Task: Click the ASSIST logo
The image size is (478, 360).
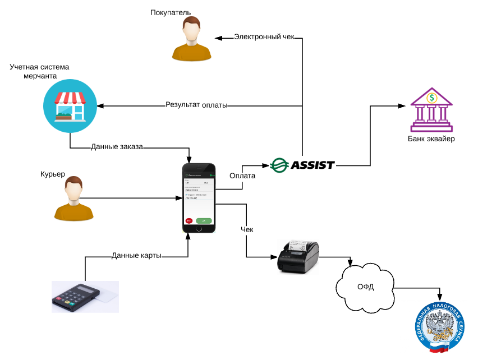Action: [x=302, y=165]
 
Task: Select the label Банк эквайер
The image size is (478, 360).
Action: [x=431, y=139]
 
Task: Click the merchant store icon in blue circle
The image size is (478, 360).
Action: [x=70, y=104]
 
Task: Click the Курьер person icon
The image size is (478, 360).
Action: [x=73, y=199]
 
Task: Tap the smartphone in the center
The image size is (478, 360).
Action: [x=199, y=198]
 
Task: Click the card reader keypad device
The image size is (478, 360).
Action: [x=77, y=297]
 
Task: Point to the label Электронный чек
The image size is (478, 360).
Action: [x=264, y=38]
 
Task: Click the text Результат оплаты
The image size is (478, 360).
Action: [x=196, y=105]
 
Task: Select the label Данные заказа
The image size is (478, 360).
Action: [x=117, y=147]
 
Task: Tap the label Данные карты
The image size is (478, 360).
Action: [x=136, y=256]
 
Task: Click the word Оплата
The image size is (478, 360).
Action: [x=242, y=176]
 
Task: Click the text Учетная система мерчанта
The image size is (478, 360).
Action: [x=39, y=71]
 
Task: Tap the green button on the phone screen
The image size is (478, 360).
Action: [x=204, y=220]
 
